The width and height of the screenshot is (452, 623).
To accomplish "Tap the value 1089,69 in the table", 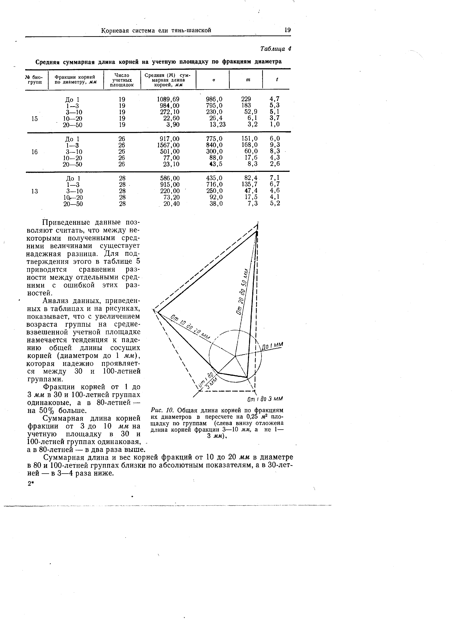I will point(168,99).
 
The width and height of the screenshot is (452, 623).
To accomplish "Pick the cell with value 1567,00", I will point(168,145).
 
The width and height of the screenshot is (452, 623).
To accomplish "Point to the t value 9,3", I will point(275,145).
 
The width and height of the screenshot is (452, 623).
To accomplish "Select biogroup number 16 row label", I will point(35,152).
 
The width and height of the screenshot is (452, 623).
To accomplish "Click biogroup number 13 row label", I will point(35,191).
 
